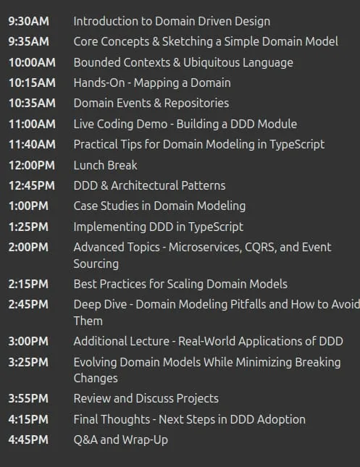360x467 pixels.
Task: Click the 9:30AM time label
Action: [x=28, y=22]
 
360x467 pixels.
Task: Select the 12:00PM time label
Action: [x=32, y=165]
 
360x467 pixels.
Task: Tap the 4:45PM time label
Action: [x=28, y=440]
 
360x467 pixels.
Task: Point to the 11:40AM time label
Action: [x=32, y=145]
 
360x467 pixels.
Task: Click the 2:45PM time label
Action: [x=28, y=305]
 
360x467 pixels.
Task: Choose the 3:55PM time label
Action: [x=28, y=399]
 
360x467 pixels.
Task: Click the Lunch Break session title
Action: [x=106, y=165]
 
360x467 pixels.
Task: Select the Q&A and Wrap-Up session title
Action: [x=121, y=440]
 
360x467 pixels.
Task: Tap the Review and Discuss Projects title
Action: [x=146, y=399]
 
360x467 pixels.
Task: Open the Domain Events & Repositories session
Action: [x=151, y=104]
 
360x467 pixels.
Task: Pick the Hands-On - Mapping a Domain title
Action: [x=152, y=83]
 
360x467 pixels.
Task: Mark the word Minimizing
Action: [x=264, y=363]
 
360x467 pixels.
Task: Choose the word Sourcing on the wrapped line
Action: [x=96, y=264]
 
